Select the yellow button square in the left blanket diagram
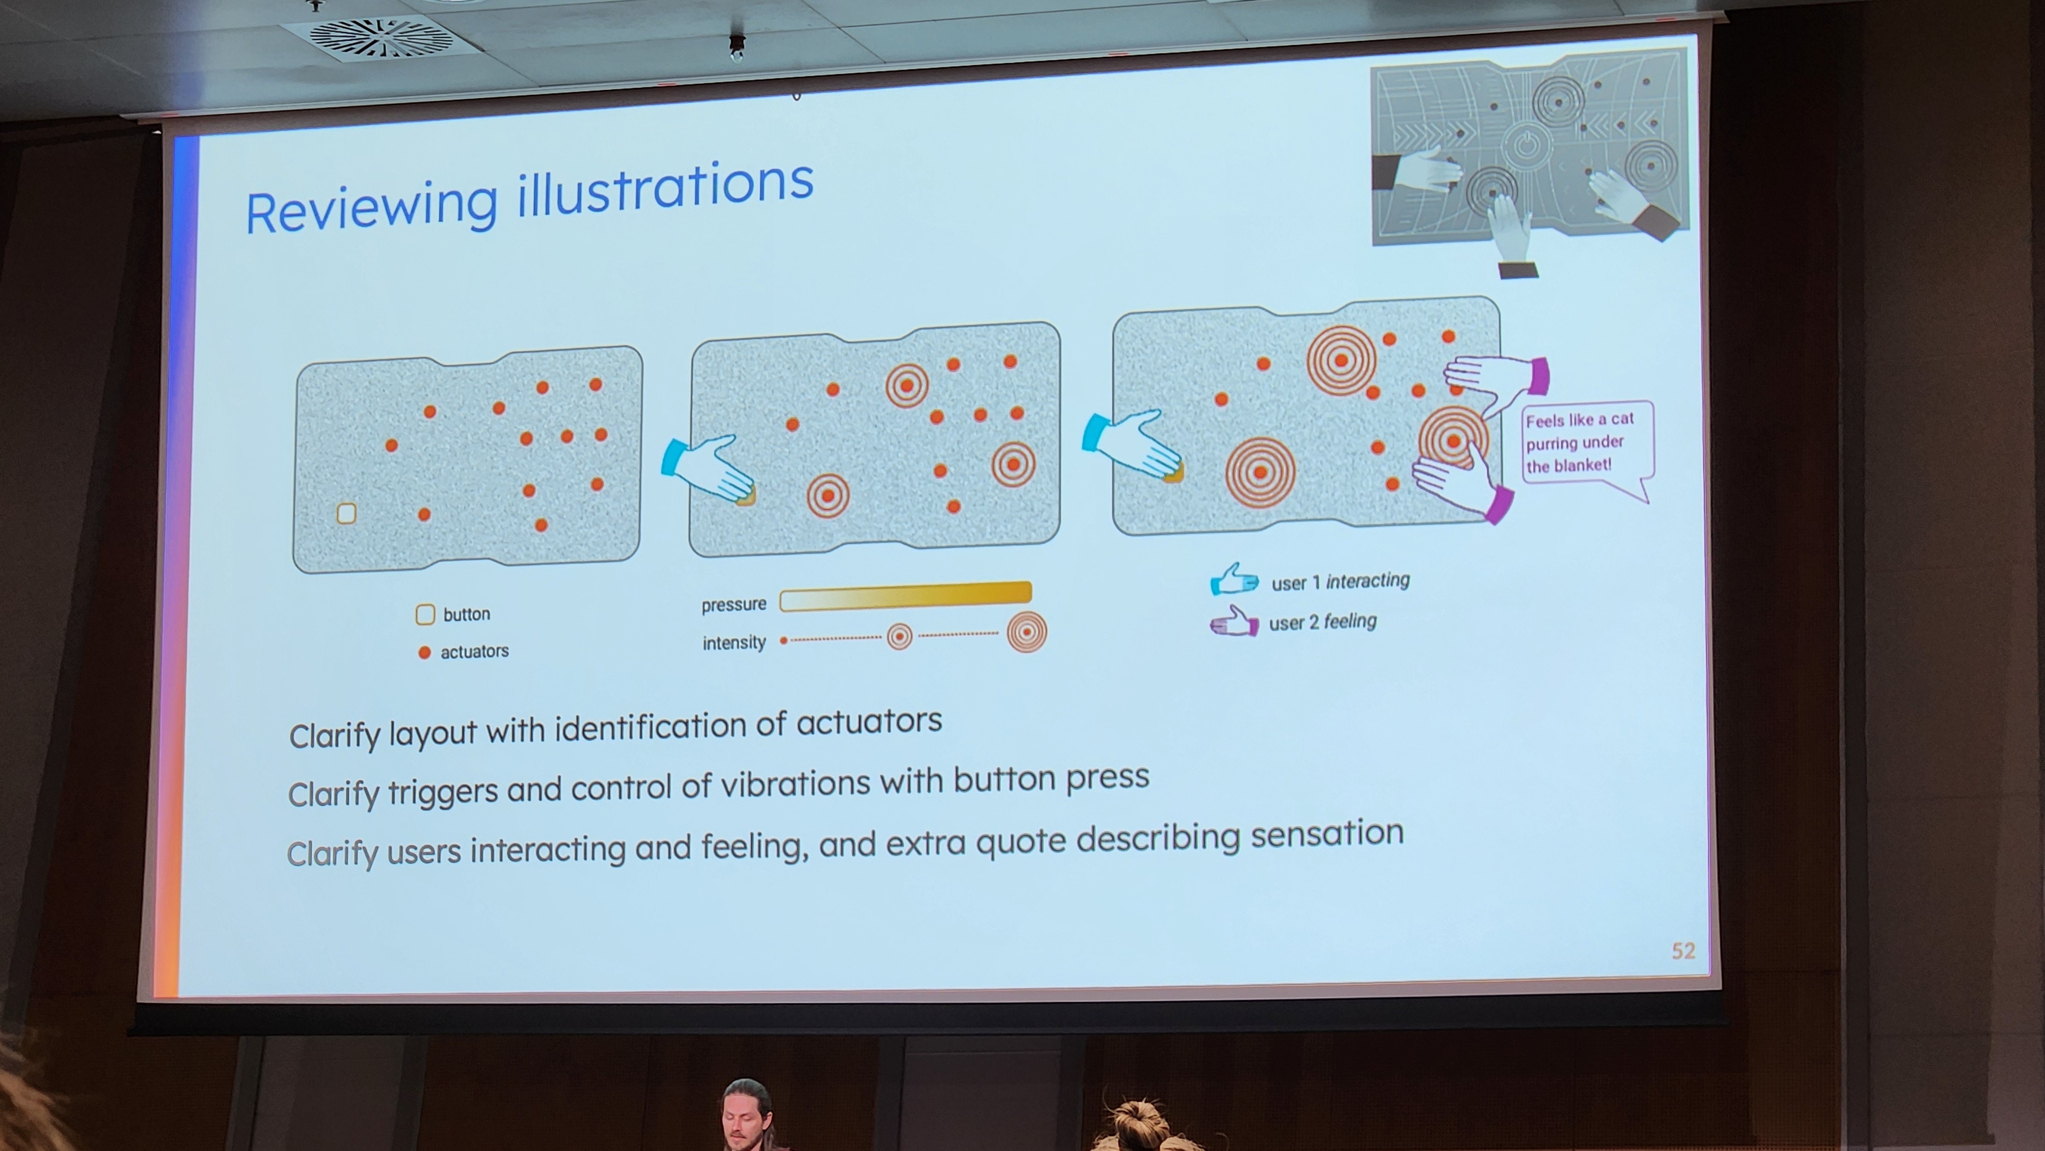[x=346, y=514]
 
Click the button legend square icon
[x=425, y=614]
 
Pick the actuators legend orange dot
[x=425, y=653]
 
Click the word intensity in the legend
[x=734, y=642]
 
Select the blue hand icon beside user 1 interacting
[x=1234, y=580]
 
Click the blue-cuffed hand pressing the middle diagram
[x=709, y=468]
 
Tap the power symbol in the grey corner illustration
[x=1526, y=145]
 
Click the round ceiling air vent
[x=380, y=37]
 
